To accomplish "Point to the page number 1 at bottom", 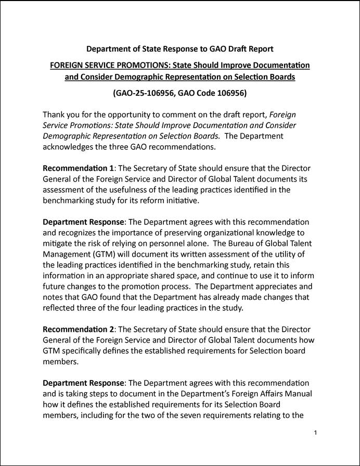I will coord(316,433).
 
